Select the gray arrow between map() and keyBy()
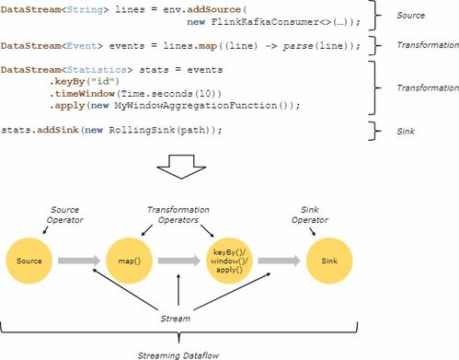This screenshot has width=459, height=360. (x=180, y=261)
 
